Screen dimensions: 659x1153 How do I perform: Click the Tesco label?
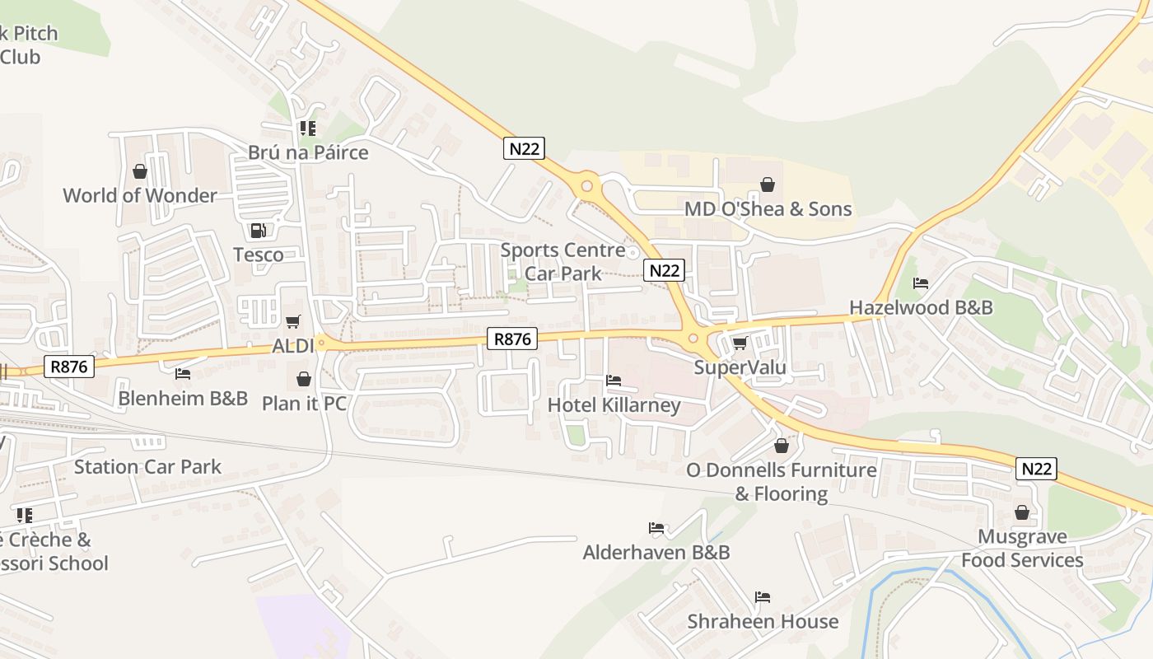[x=259, y=255]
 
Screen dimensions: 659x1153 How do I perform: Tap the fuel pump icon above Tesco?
[x=259, y=231]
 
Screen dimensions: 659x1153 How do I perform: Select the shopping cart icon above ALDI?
[x=292, y=321]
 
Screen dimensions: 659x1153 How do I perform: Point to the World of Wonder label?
[x=140, y=195]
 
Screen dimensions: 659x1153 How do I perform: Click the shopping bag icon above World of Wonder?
[x=140, y=171]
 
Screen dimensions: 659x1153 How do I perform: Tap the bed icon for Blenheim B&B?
[x=183, y=374]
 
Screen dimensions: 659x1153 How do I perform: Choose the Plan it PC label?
[x=304, y=403]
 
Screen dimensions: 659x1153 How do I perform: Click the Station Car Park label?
[x=147, y=467]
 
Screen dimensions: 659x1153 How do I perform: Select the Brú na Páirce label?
[x=308, y=152]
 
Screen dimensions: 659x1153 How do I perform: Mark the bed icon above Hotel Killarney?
[x=614, y=381]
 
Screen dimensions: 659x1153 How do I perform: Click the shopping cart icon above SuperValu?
[x=740, y=343]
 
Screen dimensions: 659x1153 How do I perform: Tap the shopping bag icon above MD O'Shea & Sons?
[x=768, y=185]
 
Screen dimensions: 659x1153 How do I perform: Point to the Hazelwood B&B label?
[x=921, y=307]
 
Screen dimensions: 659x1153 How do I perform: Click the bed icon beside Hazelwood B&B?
[x=921, y=283]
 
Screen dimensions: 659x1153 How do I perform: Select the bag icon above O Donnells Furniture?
[x=782, y=446]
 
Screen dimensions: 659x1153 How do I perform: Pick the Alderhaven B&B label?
[x=656, y=552]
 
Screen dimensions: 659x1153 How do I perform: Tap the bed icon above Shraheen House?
[x=763, y=597]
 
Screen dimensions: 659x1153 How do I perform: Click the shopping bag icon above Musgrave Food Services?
[x=1022, y=512]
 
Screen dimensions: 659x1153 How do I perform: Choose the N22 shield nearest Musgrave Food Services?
[x=1036, y=469]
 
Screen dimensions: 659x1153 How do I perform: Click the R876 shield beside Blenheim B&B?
[x=69, y=366]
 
